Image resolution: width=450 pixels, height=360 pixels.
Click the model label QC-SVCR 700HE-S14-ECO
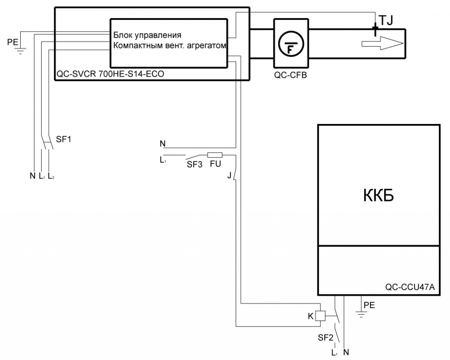tap(110, 74)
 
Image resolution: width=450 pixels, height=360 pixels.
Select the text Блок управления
tap(147, 35)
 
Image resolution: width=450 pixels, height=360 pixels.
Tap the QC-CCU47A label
tap(410, 287)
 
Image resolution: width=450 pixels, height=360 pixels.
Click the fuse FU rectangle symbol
tap(214, 155)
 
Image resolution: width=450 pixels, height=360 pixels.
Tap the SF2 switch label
tap(325, 338)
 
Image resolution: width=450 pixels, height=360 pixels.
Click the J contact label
tap(229, 175)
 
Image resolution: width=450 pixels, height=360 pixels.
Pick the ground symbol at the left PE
tap(19, 49)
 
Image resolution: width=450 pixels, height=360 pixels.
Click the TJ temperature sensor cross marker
tap(375, 30)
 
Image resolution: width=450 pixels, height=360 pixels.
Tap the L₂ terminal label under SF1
tap(51, 176)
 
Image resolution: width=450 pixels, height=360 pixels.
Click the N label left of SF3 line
tap(163, 143)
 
